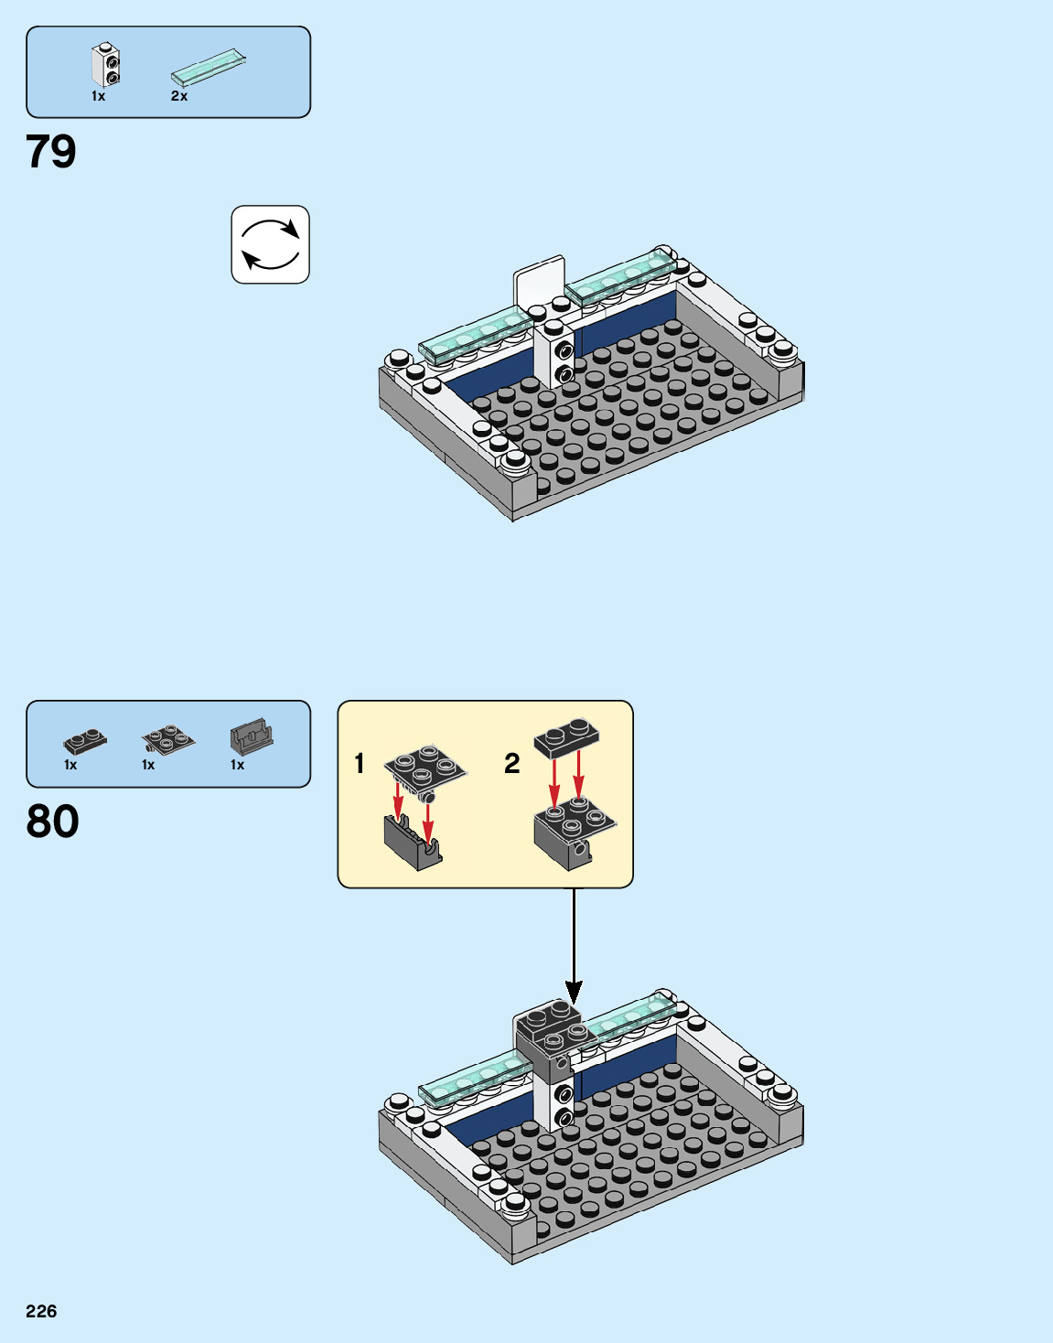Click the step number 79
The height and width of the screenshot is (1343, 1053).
click(x=51, y=152)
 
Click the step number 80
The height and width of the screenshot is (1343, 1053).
click(x=52, y=822)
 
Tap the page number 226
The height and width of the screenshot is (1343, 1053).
click(x=41, y=1311)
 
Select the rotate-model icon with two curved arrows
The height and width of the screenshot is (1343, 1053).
click(x=270, y=245)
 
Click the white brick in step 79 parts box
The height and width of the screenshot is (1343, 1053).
click(x=106, y=65)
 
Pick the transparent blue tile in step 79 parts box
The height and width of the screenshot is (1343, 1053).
click(x=209, y=67)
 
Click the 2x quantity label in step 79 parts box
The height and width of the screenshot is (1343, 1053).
click(x=179, y=96)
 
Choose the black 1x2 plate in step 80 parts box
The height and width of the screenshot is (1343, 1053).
click(x=85, y=740)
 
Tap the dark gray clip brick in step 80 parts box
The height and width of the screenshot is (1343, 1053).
click(x=252, y=736)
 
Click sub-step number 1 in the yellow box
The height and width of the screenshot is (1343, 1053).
click(x=360, y=763)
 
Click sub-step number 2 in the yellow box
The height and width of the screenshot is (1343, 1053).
click(x=512, y=763)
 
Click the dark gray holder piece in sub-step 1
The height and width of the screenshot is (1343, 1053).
click(x=413, y=843)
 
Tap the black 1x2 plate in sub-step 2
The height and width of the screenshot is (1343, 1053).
click(x=567, y=736)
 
